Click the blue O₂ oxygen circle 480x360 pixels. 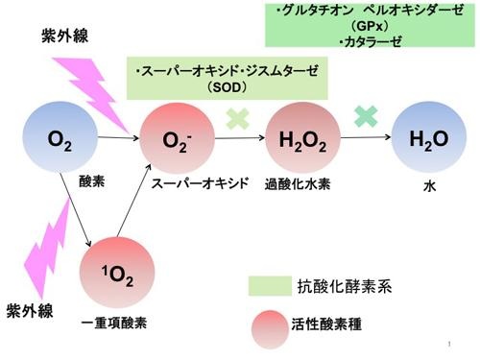pos(60,137)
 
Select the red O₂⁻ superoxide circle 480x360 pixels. pos(177,138)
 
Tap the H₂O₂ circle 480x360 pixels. pos(302,137)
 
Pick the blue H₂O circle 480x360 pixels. pos(429,137)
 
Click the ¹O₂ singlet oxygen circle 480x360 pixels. pos(117,273)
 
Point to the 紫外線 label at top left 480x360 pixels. pos(64,36)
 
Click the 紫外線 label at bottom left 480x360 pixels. pos(30,310)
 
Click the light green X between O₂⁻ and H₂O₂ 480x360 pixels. pos(238,119)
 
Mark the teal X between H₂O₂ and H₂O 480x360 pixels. pos(366,116)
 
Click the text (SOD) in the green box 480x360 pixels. pos(227,87)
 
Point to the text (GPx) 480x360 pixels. pos(370,26)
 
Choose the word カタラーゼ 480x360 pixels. pos(372,41)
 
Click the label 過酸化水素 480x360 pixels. pos(298,184)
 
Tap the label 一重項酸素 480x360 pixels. pos(114,323)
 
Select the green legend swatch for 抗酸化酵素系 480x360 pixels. pos(270,286)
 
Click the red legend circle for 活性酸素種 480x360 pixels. pos(270,329)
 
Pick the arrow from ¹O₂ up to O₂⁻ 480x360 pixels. pos(134,201)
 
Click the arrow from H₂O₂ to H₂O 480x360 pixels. pos(366,137)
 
